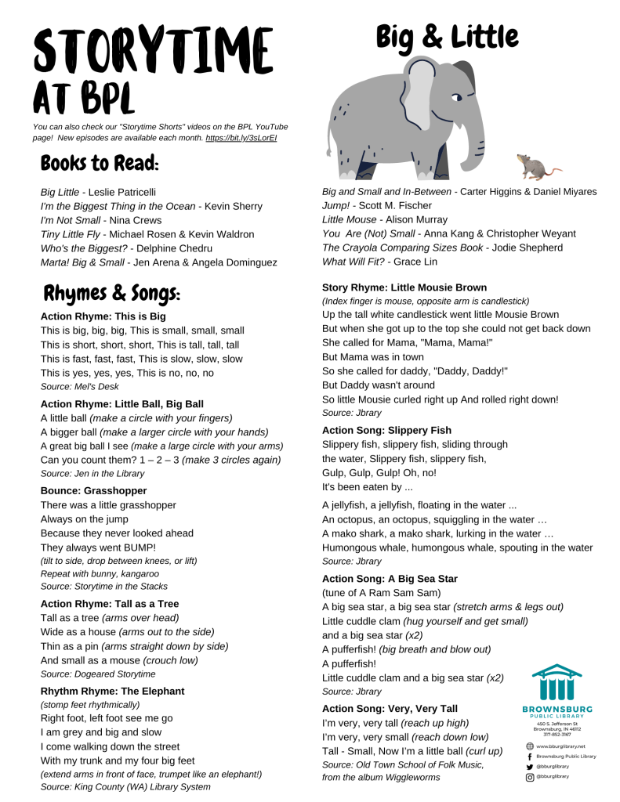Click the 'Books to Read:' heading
100,164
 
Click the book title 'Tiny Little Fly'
74,234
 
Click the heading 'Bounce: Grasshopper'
93,491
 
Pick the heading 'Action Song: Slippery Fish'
386,430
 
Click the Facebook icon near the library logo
530,757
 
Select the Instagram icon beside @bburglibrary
530,777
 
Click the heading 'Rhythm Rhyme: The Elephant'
112,692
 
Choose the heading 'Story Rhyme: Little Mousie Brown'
404,287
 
